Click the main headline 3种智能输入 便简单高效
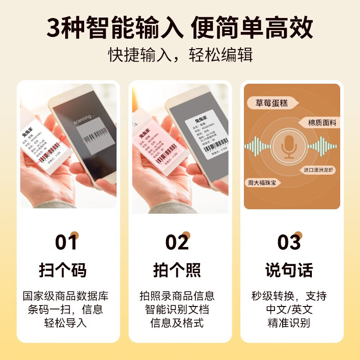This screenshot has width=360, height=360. [x=180, y=28]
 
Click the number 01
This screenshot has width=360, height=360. [x=67, y=242]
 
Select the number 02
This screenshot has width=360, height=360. [x=177, y=242]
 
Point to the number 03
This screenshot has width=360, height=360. [x=288, y=242]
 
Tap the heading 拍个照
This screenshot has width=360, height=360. [x=177, y=270]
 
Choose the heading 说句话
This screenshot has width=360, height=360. [x=288, y=270]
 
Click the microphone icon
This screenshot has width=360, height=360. [x=288, y=147]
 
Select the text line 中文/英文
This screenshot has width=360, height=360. [x=288, y=309]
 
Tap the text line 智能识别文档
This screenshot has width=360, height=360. [x=177, y=309]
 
